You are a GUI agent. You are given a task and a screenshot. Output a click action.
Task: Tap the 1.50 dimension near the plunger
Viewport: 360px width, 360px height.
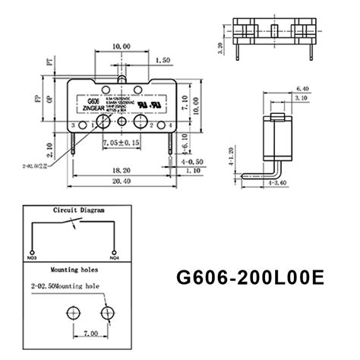coord(160,59)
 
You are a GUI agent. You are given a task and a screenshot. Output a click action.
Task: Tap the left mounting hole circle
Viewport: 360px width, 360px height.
coord(74,311)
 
